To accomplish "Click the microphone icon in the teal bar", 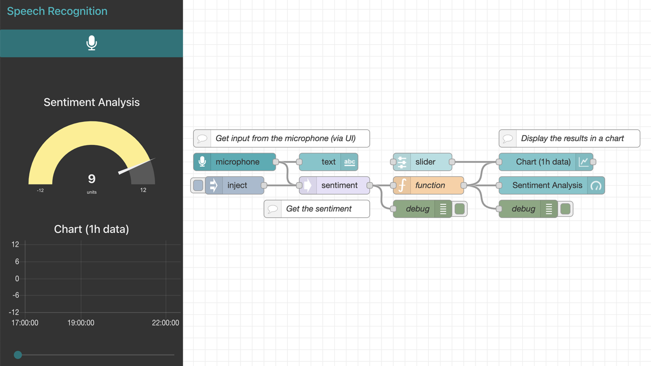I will click(92, 43).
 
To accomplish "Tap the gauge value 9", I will click(92, 178).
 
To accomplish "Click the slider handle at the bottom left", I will click(18, 355).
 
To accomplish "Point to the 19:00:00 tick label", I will click(81, 323).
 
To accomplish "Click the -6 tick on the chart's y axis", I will click(16, 295).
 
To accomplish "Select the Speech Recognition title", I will click(57, 11).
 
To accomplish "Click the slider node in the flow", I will click(425, 162).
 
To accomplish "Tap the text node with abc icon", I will click(329, 162).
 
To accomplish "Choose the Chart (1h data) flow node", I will click(543, 162).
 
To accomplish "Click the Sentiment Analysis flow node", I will click(547, 186).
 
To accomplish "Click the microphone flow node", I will click(237, 162).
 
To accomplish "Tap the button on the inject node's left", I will click(198, 186).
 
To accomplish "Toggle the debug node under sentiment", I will click(460, 209).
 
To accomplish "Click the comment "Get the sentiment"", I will click(318, 209).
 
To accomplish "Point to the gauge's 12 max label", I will click(143, 190).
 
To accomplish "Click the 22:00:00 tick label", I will click(165, 323).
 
